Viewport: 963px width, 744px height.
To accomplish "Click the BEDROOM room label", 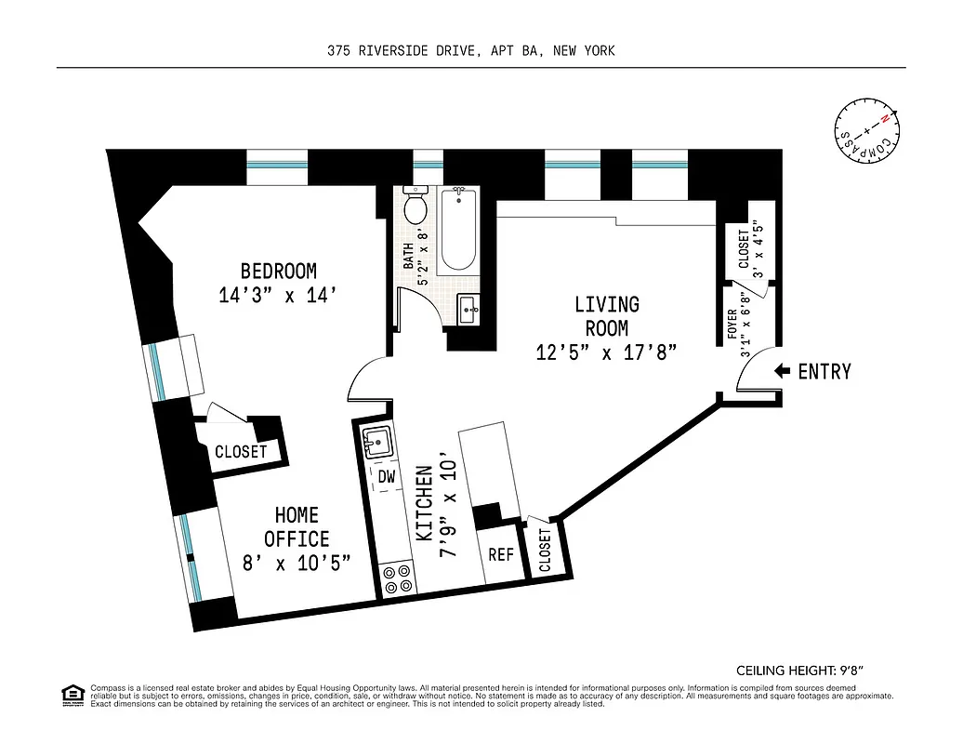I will point(278,271).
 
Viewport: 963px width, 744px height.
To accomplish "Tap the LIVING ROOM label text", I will point(606,316).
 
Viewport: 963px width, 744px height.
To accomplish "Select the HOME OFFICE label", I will point(297,527).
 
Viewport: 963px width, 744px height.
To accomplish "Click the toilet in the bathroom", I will point(415,206).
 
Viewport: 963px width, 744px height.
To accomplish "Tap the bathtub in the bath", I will point(457,229).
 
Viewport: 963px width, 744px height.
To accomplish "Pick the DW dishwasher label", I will point(386,477).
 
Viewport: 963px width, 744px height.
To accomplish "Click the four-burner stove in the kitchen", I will point(398,579).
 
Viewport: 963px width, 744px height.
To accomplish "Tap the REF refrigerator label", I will point(501,554).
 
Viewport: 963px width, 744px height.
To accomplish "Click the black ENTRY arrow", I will point(782,371).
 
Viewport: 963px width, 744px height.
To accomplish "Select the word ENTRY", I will point(824,371).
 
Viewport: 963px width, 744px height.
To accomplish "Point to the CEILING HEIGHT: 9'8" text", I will point(806,670).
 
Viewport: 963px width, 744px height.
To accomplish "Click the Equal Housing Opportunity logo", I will point(72,694).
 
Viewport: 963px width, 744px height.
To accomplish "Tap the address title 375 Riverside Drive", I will point(470,51).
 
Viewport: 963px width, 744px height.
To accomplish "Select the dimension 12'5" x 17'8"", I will point(606,352).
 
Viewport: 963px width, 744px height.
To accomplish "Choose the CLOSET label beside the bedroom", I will point(241,452).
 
